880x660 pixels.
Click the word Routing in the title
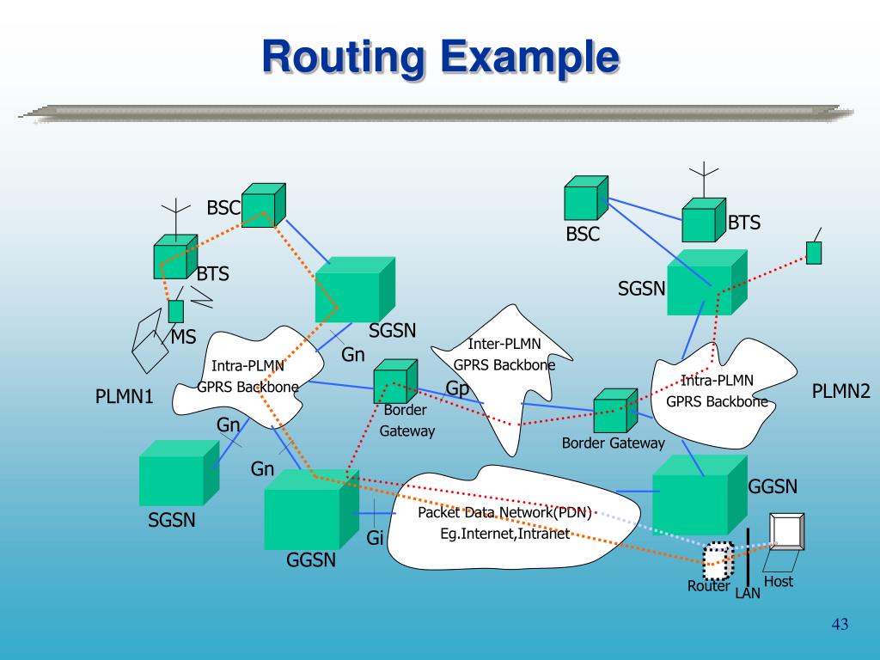(x=343, y=58)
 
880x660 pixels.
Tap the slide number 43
(x=840, y=624)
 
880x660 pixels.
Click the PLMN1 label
(x=124, y=396)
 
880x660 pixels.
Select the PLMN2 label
(x=840, y=391)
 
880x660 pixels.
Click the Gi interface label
(x=375, y=538)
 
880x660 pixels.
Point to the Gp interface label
(x=456, y=388)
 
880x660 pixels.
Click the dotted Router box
(x=718, y=560)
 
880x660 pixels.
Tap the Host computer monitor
(x=787, y=531)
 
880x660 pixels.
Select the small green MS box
(x=175, y=311)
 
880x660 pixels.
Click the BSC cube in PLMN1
(x=263, y=205)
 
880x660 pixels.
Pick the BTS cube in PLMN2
(x=704, y=220)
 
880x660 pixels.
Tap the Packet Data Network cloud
(x=514, y=517)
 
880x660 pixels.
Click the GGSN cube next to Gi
(x=311, y=510)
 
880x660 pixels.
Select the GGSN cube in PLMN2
(x=700, y=494)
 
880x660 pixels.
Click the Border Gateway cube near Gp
(x=395, y=381)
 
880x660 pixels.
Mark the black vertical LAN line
(x=748, y=557)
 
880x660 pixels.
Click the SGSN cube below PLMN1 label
(x=179, y=473)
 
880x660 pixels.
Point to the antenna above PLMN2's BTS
(x=704, y=180)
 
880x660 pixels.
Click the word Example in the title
(x=529, y=58)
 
